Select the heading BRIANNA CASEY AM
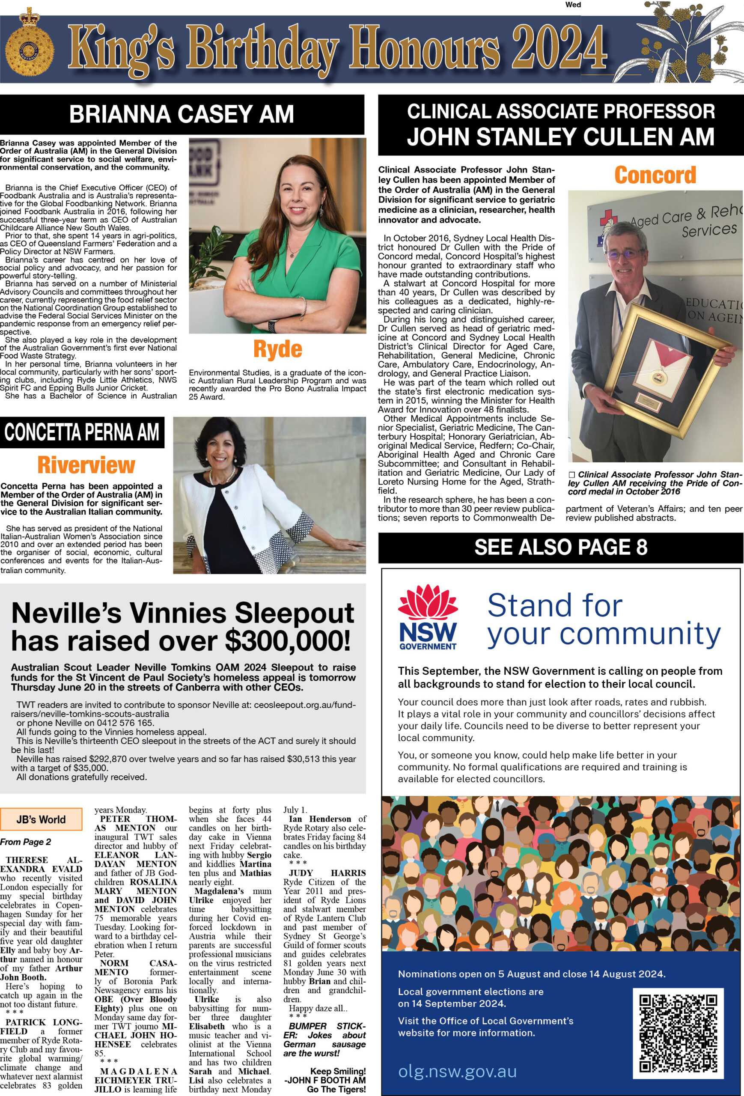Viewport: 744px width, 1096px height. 182,115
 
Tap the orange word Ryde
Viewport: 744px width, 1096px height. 277,349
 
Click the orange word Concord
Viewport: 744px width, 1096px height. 655,175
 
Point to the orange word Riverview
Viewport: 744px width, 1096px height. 86,465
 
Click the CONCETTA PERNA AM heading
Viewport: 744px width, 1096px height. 82,432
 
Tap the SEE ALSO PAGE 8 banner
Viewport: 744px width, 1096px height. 561,548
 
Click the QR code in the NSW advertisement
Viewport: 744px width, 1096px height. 678,1034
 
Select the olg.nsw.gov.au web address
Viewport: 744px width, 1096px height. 457,1072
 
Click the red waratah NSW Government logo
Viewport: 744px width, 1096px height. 428,616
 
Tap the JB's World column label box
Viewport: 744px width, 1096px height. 41,819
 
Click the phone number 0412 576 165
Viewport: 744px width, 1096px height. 126,723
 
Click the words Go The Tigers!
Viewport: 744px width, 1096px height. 336,1090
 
